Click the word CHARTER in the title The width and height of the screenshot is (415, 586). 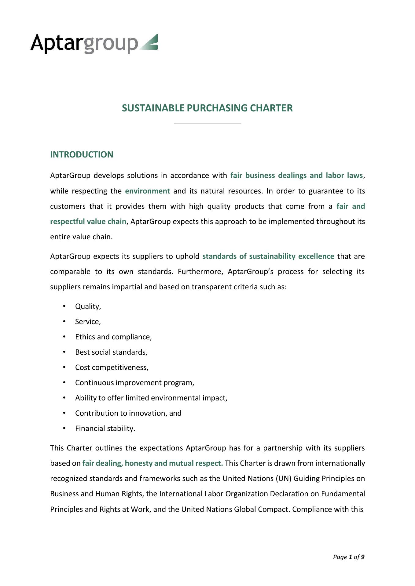pos(271,108)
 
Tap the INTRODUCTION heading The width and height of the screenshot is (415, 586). pos(82,154)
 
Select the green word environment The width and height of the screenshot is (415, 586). pos(147,191)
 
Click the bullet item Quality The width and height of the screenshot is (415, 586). pos(88,306)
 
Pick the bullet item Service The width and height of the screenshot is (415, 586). pos(88,322)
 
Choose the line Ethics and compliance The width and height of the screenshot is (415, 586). pos(113,337)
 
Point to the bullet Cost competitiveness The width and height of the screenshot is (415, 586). pos(112,367)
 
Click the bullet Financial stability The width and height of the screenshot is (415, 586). pos(105,429)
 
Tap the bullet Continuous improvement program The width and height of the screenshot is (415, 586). pos(134,383)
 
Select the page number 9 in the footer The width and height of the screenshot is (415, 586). pos(363,557)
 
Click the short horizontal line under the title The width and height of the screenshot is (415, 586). pos(207,124)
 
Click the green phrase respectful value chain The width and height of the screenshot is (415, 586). pos(88,222)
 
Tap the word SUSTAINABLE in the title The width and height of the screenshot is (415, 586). pos(153,108)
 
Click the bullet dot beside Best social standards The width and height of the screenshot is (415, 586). pos(64,352)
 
